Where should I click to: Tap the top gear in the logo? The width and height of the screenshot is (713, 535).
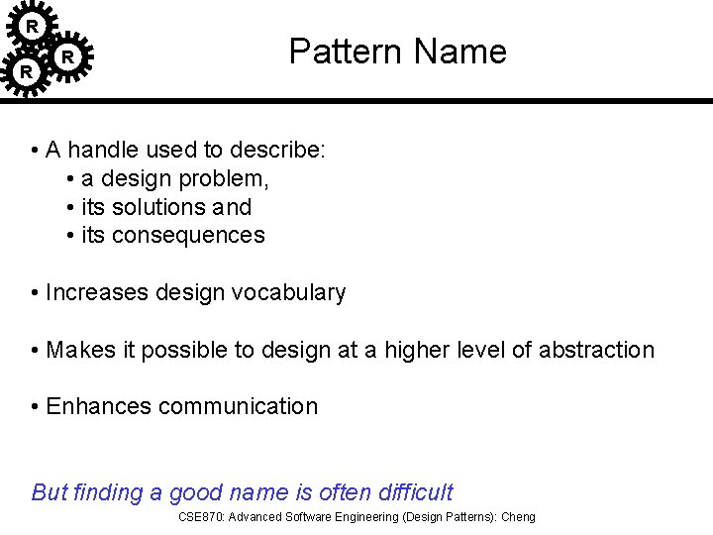point(33,25)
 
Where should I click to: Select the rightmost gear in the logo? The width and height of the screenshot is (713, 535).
point(67,57)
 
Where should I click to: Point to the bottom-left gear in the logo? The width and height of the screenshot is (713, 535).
point(26,72)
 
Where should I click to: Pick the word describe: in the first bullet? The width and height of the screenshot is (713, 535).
point(278,151)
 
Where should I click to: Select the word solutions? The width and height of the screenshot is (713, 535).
point(158,207)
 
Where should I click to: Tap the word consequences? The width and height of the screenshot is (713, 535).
point(188,236)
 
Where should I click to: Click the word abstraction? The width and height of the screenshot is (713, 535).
point(596,351)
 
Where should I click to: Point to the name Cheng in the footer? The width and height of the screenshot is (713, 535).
point(518,517)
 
